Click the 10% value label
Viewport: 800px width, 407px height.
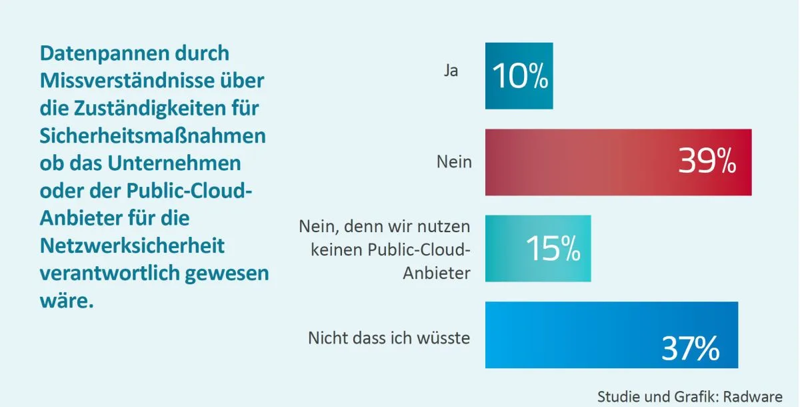click(x=521, y=77)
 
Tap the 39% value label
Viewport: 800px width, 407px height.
click(x=707, y=162)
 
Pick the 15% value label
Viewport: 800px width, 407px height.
click(x=553, y=249)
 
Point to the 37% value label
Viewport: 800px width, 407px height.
click(x=690, y=348)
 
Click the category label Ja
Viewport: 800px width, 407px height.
click(x=451, y=70)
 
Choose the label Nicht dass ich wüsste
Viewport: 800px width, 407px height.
click(x=389, y=338)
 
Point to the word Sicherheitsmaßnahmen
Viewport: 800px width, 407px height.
click(x=153, y=135)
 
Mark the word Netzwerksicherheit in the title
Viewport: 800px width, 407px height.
click(x=132, y=246)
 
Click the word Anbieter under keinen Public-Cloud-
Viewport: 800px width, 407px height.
click(x=437, y=273)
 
